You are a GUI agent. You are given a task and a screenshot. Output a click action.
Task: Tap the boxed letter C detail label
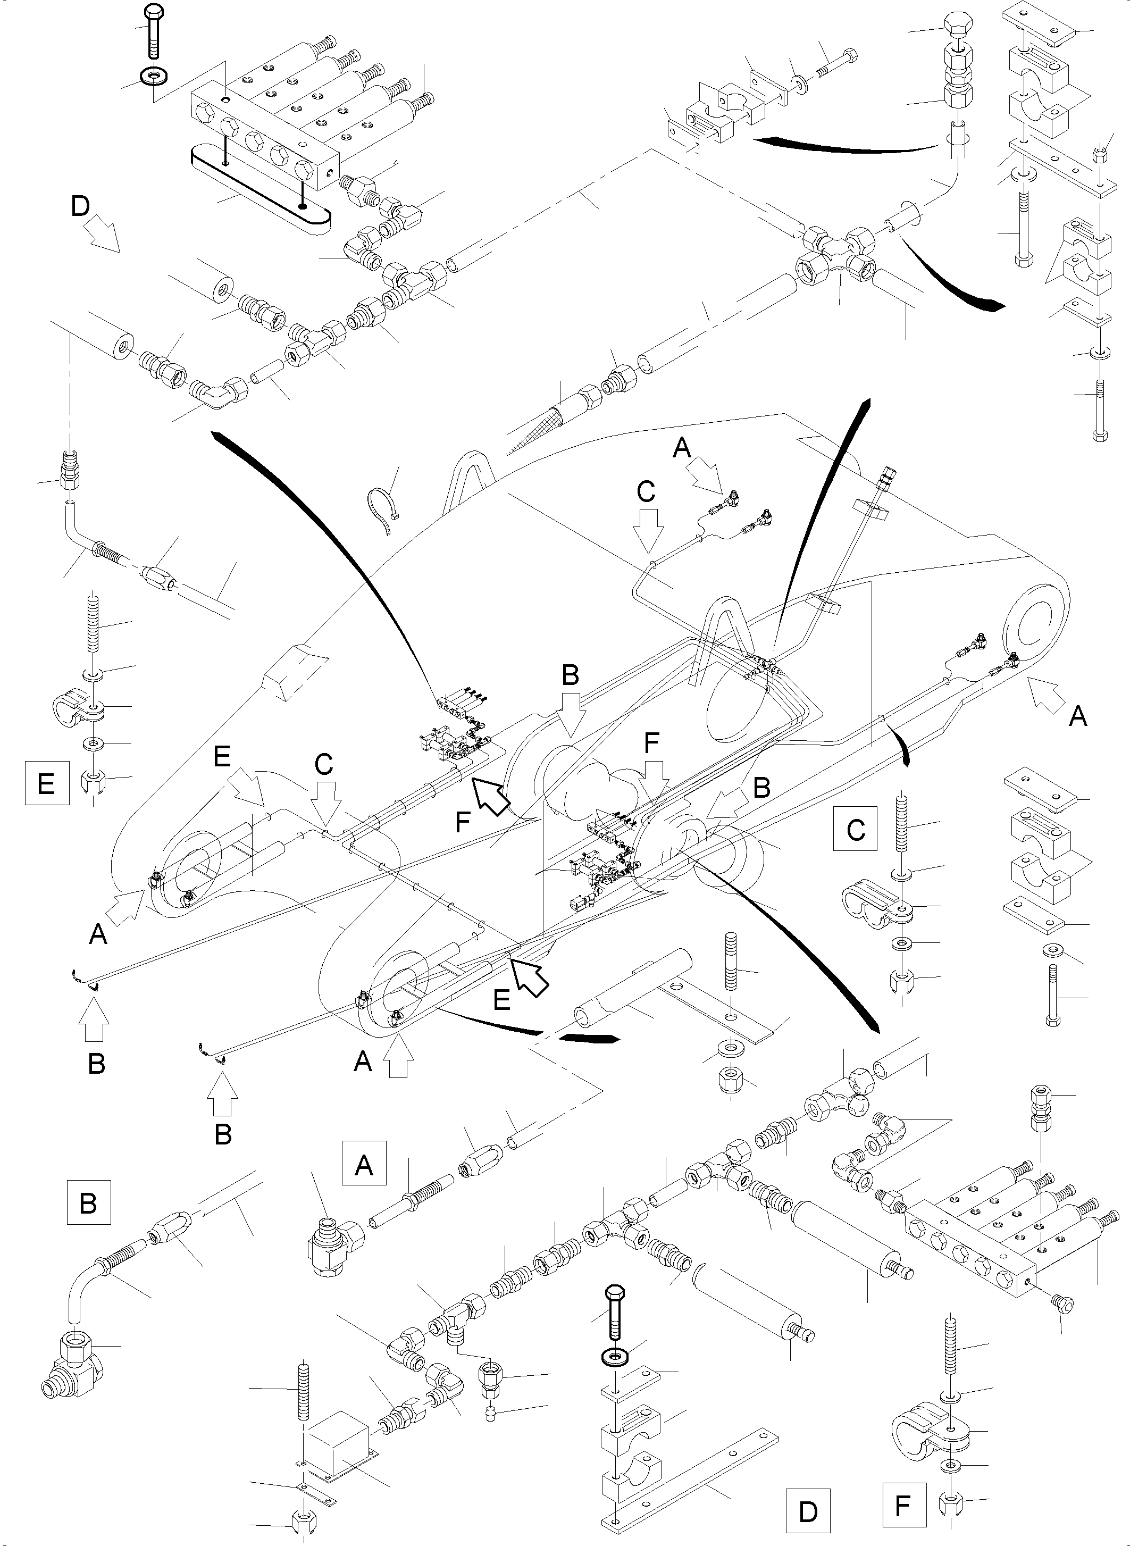coord(855,829)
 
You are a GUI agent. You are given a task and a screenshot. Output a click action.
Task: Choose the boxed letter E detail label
coord(46,783)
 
